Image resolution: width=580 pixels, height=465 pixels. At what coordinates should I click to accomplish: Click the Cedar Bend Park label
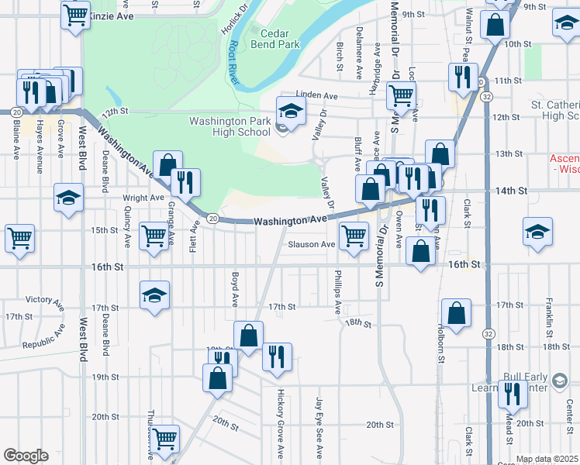pyautogui.click(x=274, y=39)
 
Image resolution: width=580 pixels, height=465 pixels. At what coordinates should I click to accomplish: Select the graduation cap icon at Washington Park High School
pyautogui.click(x=292, y=112)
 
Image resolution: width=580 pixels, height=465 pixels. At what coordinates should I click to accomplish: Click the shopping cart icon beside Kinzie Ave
pyautogui.click(x=75, y=14)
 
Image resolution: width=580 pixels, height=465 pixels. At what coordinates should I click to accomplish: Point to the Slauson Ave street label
pyautogui.click(x=311, y=244)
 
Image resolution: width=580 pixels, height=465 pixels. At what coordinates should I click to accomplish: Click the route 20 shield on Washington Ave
pyautogui.click(x=213, y=219)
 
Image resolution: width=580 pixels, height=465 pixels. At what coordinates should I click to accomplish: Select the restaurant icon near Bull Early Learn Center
pyautogui.click(x=513, y=394)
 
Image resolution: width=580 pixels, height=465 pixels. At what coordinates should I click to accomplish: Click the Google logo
pyautogui.click(x=26, y=456)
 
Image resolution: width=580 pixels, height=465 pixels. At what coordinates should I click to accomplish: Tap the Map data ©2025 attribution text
pyautogui.click(x=546, y=459)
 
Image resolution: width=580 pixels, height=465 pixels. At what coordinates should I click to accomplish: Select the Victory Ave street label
pyautogui.click(x=44, y=299)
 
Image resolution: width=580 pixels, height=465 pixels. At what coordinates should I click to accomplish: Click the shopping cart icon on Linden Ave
pyautogui.click(x=401, y=95)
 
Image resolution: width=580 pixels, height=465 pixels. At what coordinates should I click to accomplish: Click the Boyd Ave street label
pyautogui.click(x=233, y=288)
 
